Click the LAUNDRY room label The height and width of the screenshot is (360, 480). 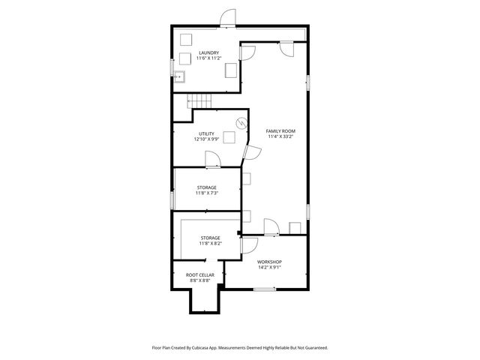(x=208, y=52)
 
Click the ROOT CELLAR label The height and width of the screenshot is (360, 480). (x=200, y=275)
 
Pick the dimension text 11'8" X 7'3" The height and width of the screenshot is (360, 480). (x=207, y=193)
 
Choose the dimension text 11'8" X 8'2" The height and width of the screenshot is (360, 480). (x=210, y=243)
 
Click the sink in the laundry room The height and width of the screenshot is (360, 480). (x=179, y=76)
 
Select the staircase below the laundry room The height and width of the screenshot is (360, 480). (x=199, y=102)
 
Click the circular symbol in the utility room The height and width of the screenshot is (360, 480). (x=241, y=123)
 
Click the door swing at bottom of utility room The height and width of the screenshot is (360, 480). (x=212, y=158)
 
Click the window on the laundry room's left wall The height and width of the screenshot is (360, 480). (x=172, y=73)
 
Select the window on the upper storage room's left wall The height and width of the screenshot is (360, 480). (x=172, y=199)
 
